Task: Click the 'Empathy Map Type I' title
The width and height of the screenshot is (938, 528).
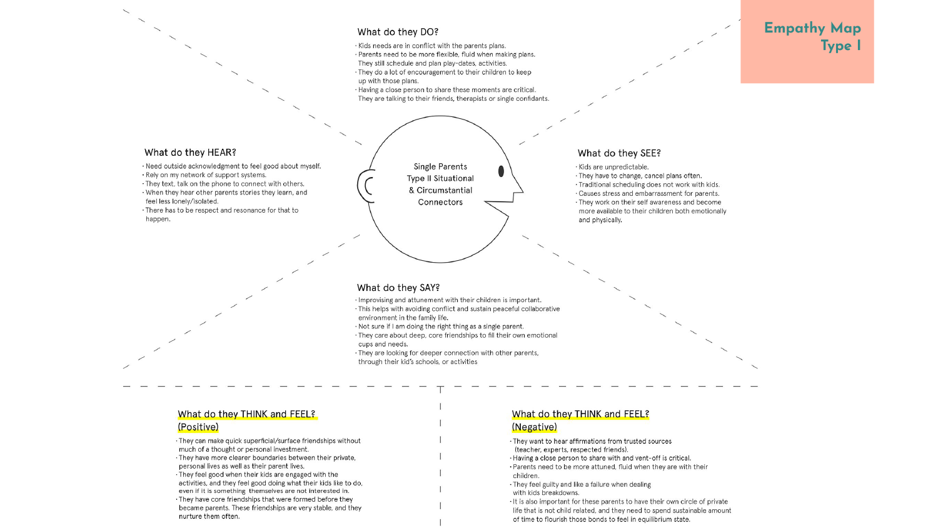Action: click(812, 37)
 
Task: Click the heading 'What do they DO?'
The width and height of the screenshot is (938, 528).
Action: click(397, 32)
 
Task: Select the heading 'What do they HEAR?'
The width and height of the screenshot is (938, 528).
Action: click(190, 152)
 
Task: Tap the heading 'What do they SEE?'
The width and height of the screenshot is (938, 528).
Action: click(619, 153)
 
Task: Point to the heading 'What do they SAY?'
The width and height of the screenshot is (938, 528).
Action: click(398, 288)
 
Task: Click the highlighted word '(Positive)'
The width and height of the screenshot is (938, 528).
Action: click(198, 427)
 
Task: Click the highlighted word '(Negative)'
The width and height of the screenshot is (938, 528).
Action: click(534, 427)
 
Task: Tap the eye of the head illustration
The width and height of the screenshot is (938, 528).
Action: click(501, 171)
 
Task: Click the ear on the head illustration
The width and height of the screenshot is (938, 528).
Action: click(366, 186)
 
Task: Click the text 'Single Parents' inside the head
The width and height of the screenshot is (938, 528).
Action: click(440, 166)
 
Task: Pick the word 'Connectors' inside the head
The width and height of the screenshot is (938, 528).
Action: click(440, 202)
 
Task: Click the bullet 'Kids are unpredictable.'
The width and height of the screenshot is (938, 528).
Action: click(613, 167)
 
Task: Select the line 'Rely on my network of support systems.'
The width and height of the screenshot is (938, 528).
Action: click(206, 175)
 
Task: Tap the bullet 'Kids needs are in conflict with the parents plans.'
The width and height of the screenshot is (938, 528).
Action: click(431, 46)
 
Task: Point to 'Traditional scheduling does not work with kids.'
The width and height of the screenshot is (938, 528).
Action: click(648, 185)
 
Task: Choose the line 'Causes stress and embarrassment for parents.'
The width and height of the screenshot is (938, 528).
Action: click(648, 193)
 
